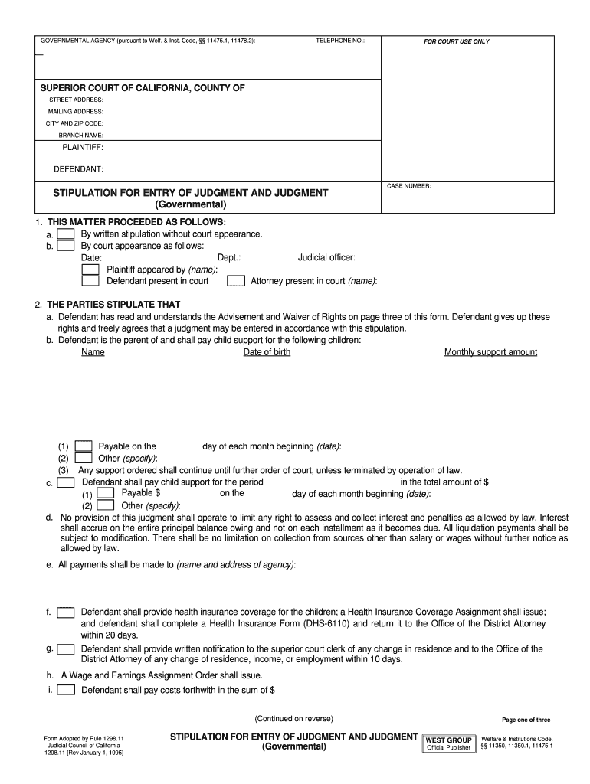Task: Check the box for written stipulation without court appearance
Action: pyautogui.click(x=67, y=234)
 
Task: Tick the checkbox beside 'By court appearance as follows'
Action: pyautogui.click(x=67, y=246)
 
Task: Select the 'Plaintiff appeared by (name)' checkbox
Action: pyautogui.click(x=90, y=269)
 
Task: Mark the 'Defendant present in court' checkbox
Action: pyautogui.click(x=90, y=281)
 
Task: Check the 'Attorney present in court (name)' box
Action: pyautogui.click(x=237, y=281)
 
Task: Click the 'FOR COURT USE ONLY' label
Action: pyautogui.click(x=457, y=41)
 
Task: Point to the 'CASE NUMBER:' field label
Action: pyautogui.click(x=409, y=186)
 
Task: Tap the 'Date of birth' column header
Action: pyautogui.click(x=267, y=352)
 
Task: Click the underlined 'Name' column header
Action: pyautogui.click(x=93, y=352)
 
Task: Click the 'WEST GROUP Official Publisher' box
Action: pyautogui.click(x=448, y=743)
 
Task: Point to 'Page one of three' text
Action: pyautogui.click(x=526, y=720)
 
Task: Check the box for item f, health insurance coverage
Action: pyautogui.click(x=67, y=612)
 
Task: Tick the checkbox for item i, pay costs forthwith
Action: pyautogui.click(x=67, y=689)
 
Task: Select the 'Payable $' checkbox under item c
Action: pyautogui.click(x=106, y=494)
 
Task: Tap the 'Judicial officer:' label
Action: pyautogui.click(x=326, y=258)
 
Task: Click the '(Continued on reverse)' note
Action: pyautogui.click(x=294, y=719)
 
